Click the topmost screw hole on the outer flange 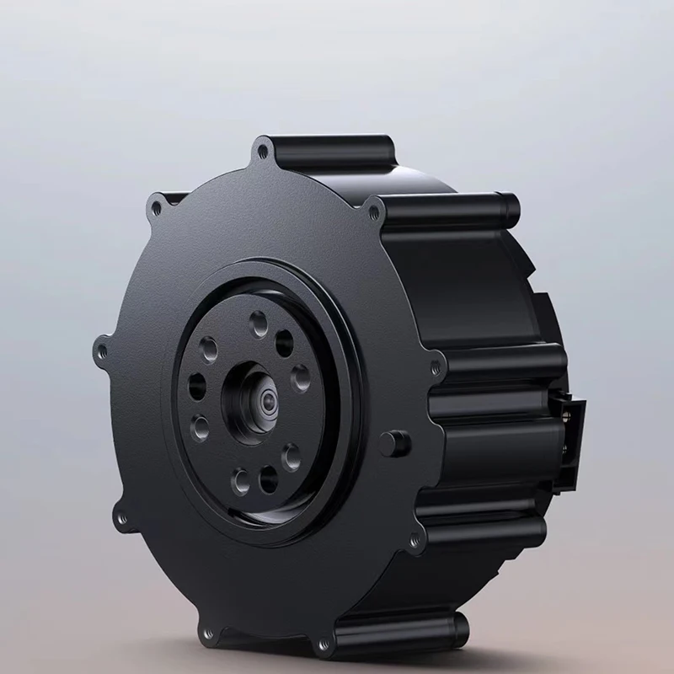click(264, 152)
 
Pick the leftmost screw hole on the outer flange click(103, 345)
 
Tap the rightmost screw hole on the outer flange click(435, 366)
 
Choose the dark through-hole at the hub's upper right click(285, 341)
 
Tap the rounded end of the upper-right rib click(509, 205)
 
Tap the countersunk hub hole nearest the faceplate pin click(291, 455)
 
